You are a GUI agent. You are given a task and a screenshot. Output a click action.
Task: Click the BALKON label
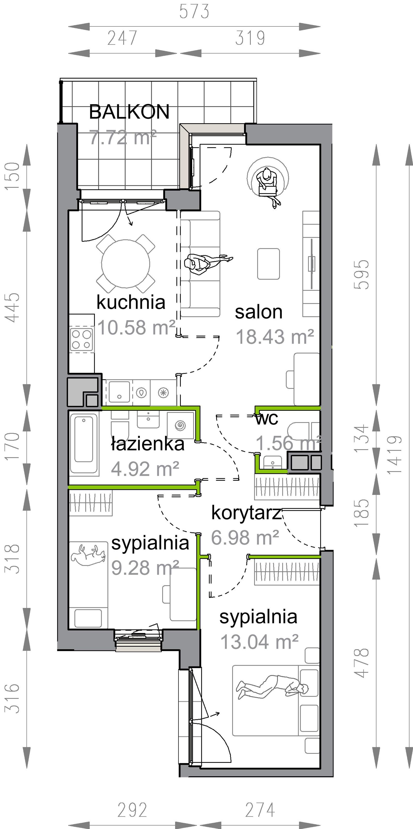[x=129, y=112]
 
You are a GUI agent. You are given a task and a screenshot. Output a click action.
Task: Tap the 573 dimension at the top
[x=194, y=12]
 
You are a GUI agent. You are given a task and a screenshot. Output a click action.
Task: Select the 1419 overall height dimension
[x=395, y=455]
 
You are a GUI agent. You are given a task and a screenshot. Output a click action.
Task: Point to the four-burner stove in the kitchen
[x=82, y=340]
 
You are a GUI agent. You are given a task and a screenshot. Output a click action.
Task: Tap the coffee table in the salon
[x=268, y=264]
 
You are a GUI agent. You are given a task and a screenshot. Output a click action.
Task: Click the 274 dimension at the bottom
[x=260, y=810]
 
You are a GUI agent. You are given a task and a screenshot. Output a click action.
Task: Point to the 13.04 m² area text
[x=260, y=641]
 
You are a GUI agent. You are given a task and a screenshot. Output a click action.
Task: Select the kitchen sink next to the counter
[x=119, y=392]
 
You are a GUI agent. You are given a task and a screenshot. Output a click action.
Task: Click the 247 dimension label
[x=122, y=38]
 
